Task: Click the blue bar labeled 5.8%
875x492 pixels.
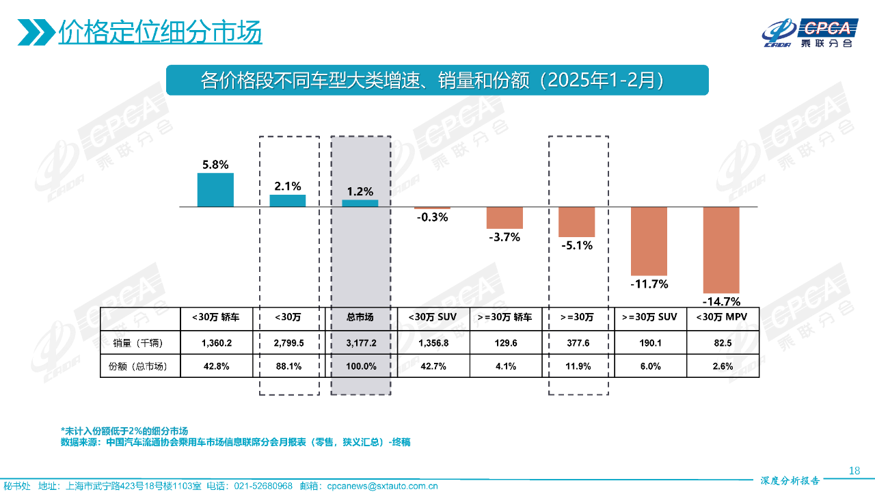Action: (215, 190)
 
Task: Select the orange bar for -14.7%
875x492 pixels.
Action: (722, 249)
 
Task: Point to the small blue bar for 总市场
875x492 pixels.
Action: (360, 203)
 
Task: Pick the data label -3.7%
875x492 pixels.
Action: (504, 237)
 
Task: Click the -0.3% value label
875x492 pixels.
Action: (432, 217)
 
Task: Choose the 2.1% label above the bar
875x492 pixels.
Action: (287, 186)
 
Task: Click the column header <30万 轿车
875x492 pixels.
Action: (215, 317)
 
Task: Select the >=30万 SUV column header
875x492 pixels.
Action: (649, 317)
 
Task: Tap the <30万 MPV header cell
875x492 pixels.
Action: (723, 317)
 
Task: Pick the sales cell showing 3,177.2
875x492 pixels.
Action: (360, 342)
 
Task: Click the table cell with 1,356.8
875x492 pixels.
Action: (432, 342)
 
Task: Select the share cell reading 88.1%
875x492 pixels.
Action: (287, 366)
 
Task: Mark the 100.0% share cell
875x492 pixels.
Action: (360, 366)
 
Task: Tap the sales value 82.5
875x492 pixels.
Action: (723, 342)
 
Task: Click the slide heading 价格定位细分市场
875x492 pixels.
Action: (160, 31)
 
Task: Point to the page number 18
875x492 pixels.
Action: (854, 470)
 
